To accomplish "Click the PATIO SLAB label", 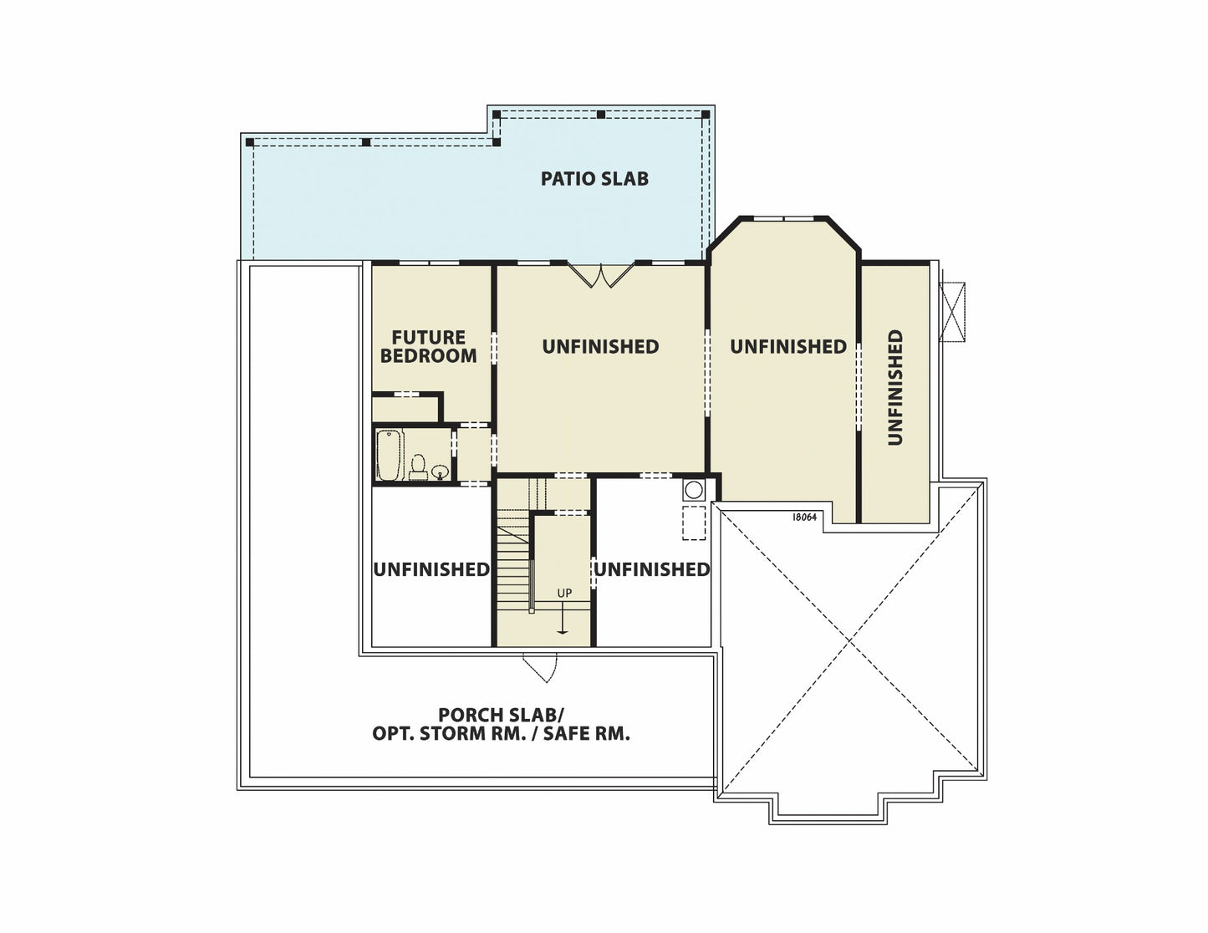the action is coord(594,179).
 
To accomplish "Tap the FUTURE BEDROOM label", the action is coord(428,347).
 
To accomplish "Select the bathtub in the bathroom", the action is coord(390,455).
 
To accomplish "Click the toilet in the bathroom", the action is coord(418,467).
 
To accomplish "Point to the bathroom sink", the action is coord(440,472).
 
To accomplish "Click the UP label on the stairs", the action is coord(564,593).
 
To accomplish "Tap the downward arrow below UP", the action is coord(563,622).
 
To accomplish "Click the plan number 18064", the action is coord(804,517).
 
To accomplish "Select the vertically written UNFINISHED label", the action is coord(895,387).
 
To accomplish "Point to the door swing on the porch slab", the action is coord(540,668).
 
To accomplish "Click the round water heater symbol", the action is coord(694,490).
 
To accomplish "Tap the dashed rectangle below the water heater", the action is coord(694,523).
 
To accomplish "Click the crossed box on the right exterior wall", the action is coord(952,312).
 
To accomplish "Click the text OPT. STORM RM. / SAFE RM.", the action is coord(501,733).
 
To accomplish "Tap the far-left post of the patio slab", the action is coord(250,142).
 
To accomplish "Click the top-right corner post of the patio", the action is coord(706,115).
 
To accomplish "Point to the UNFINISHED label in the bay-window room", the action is coord(788,347).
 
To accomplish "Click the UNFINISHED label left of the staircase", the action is coord(431,569).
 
